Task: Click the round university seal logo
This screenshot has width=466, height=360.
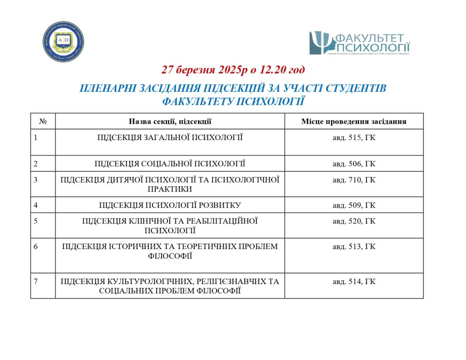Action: coord(64,41)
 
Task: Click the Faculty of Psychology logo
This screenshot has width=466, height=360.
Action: coord(360,43)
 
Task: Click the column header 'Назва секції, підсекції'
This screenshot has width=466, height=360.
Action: coord(170,122)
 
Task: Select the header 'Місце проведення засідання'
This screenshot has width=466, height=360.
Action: coord(354,122)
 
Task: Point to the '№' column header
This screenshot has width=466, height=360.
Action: coord(43,122)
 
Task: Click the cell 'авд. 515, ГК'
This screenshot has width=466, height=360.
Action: coord(354,137)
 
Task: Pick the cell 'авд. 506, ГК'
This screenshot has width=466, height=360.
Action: coord(354,163)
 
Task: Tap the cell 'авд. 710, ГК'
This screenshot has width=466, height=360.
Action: coord(354,180)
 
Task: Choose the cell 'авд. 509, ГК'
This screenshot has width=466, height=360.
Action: coord(354,205)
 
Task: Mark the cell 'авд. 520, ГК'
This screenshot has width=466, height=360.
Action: coord(354,221)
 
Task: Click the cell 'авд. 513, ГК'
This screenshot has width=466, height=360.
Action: coord(354,247)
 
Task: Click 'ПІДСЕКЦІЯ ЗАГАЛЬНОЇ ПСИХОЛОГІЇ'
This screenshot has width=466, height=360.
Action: coord(170,137)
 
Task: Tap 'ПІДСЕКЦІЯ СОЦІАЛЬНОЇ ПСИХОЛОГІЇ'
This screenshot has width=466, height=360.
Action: coord(170,163)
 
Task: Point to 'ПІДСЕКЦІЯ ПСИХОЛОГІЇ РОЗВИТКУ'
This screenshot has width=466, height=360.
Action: coord(170,205)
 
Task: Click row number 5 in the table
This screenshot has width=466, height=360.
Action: coord(35,221)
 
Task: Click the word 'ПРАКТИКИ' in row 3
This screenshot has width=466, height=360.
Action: coord(170,189)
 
